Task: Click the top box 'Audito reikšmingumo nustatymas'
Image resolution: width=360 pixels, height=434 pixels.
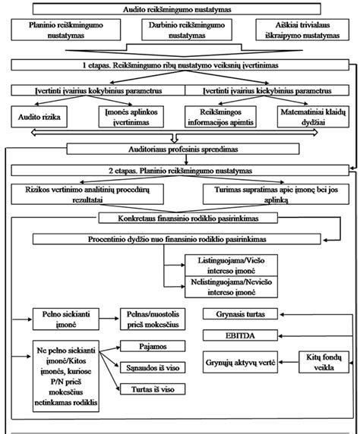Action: point(180,9)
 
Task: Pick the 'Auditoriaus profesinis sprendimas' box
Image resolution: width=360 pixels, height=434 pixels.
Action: point(180,149)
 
